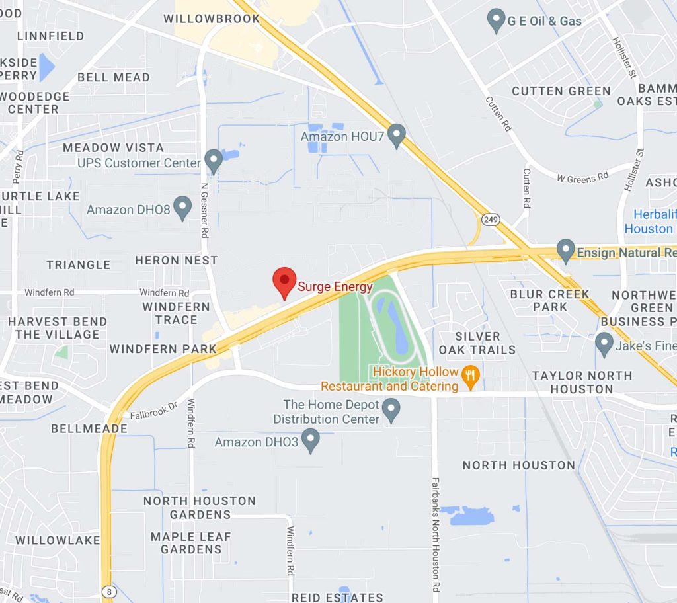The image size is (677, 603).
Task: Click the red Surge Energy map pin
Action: click(284, 282)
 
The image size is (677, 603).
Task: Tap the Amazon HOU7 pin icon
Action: click(396, 136)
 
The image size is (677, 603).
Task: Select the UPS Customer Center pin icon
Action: click(213, 161)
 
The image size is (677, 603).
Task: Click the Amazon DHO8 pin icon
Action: click(182, 208)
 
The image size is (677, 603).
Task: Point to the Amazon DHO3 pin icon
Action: click(311, 440)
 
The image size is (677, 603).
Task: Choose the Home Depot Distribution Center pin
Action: click(392, 411)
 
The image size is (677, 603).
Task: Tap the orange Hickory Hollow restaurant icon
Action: click(470, 378)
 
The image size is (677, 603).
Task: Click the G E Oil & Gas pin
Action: click(496, 20)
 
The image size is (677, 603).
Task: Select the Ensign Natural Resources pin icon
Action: click(565, 251)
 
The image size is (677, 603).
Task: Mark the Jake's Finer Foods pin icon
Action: click(604, 344)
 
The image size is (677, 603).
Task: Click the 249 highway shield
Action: click(491, 220)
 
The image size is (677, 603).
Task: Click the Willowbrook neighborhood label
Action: click(212, 19)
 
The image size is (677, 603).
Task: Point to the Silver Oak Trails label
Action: click(477, 342)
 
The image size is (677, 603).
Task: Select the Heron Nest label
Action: click(176, 261)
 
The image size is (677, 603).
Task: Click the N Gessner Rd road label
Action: click(204, 208)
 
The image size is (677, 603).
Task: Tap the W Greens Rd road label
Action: click(582, 177)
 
